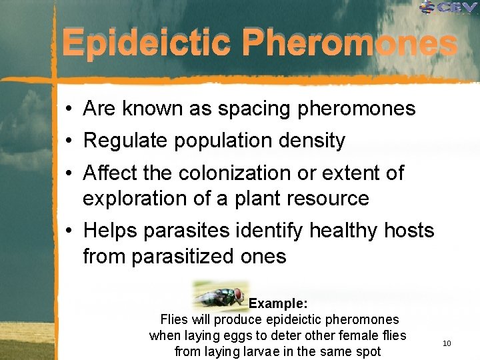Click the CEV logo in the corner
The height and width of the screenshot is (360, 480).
[448, 8]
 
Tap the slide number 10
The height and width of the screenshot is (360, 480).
[447, 343]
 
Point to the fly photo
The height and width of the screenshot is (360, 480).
[221, 295]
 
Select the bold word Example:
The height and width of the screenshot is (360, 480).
[278, 304]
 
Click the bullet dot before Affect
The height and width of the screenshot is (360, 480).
[69, 174]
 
